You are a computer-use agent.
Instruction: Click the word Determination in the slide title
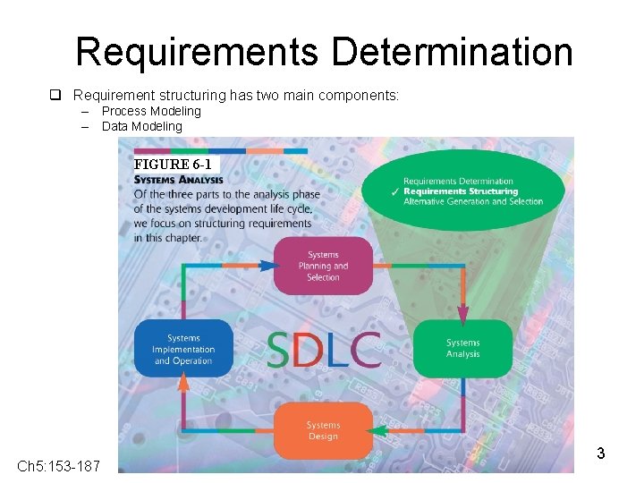pos(452,52)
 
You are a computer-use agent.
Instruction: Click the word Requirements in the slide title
pos(197,52)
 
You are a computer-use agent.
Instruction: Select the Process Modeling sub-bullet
pos(151,111)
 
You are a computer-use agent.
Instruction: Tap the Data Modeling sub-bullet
pos(141,126)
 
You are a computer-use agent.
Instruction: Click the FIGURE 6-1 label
pos(173,165)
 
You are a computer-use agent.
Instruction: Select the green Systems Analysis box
pos(463,348)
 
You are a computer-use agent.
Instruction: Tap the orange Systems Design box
pos(323,430)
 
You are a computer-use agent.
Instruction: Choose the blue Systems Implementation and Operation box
pos(183,349)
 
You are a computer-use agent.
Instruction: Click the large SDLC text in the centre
pos(323,350)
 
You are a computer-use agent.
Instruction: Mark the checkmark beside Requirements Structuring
pos(394,192)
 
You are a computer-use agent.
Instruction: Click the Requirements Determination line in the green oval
pos(458,182)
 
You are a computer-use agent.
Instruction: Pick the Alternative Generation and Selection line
pos(473,201)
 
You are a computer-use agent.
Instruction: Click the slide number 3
pos(601,453)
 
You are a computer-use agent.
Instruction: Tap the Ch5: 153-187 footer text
pos(59,466)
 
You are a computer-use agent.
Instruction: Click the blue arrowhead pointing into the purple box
pos(269,265)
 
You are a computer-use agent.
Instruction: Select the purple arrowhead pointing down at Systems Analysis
pos(463,313)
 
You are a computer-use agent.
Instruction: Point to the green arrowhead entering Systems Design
pos(379,430)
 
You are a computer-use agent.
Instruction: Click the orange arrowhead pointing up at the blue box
pos(183,384)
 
